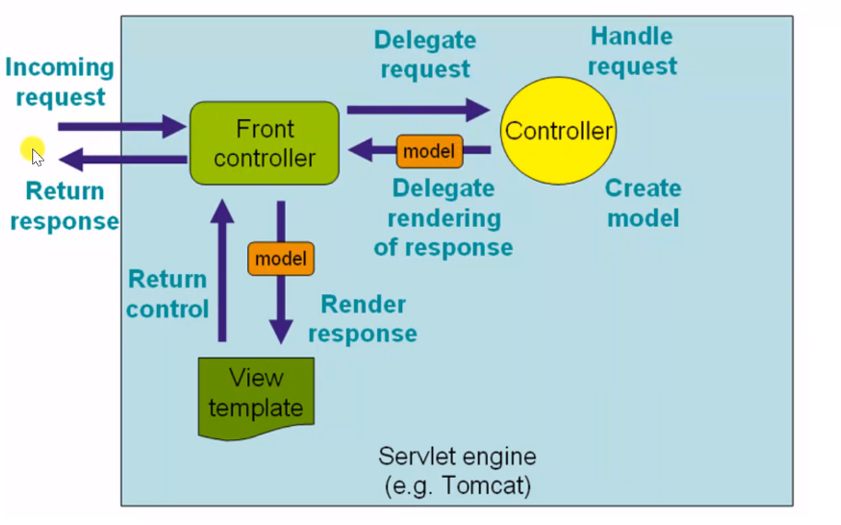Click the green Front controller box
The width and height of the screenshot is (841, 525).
[x=264, y=143]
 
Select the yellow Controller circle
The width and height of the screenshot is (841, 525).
[x=558, y=131]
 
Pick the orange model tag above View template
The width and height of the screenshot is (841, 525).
[x=280, y=258]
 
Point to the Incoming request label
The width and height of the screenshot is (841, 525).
[x=60, y=82]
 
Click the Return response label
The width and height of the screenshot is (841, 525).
[x=65, y=206]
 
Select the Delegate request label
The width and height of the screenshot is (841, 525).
[x=425, y=54]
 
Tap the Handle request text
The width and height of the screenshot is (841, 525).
[x=633, y=51]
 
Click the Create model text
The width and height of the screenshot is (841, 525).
[x=643, y=203]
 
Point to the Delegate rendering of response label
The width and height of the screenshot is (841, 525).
[x=443, y=218]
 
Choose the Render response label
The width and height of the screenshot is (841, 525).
[x=362, y=318]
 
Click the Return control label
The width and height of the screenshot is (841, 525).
[x=168, y=293]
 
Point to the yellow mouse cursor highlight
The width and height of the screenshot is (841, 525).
[x=32, y=150]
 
